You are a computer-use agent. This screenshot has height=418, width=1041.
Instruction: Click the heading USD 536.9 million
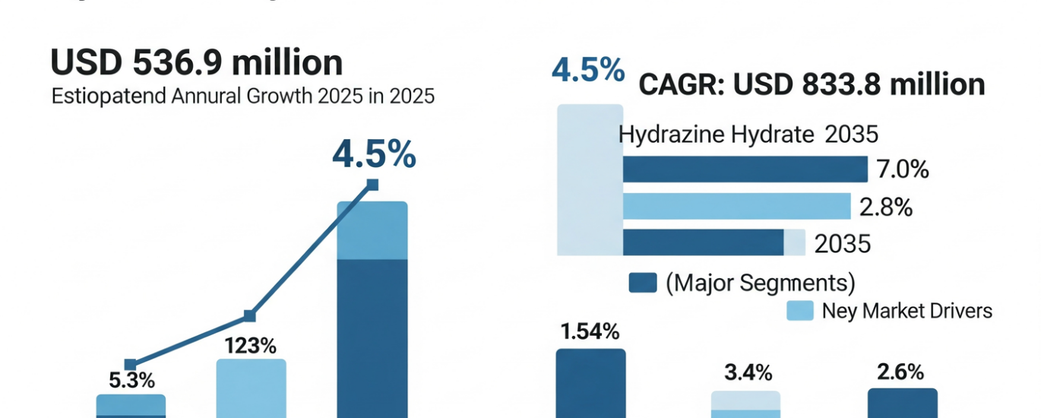click(196, 63)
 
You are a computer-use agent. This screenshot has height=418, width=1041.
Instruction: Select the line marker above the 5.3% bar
click(130, 365)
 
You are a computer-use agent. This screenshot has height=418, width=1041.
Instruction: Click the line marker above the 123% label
click(249, 316)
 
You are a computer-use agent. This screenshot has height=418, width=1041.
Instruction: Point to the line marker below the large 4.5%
click(372, 184)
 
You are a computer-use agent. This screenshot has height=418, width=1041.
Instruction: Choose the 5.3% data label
click(131, 381)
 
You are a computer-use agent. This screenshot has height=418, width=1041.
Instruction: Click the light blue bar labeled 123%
click(252, 388)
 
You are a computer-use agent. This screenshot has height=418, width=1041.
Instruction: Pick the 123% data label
click(250, 346)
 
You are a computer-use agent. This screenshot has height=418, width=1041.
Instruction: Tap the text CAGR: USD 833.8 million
click(811, 84)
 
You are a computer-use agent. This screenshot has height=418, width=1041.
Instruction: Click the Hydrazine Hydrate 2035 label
click(748, 135)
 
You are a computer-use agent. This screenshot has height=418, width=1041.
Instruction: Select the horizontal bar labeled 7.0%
click(745, 169)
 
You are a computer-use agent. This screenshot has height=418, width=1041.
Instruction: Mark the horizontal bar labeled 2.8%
click(736, 206)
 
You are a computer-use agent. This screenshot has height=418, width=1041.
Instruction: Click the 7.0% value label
click(903, 169)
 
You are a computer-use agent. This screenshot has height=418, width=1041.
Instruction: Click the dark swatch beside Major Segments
click(643, 283)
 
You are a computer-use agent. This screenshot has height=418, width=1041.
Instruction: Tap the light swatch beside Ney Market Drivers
click(799, 310)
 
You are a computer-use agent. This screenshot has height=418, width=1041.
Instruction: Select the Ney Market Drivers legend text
click(907, 310)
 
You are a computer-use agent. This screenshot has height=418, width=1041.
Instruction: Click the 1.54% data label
click(590, 331)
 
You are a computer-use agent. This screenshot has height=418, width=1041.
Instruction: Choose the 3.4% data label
click(747, 373)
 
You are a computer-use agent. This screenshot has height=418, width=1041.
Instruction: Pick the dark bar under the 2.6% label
click(902, 404)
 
